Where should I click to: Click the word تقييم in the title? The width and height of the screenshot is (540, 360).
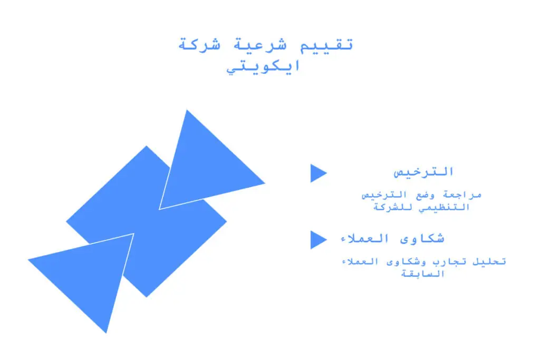(327, 45)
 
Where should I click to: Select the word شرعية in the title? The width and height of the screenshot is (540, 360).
(261, 45)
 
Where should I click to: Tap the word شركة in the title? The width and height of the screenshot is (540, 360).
(199, 44)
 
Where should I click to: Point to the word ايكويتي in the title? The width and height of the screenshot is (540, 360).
(264, 66)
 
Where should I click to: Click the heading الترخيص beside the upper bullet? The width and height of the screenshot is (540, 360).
(423, 172)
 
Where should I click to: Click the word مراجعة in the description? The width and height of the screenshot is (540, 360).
(462, 195)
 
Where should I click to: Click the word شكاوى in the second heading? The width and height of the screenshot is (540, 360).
(422, 238)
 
